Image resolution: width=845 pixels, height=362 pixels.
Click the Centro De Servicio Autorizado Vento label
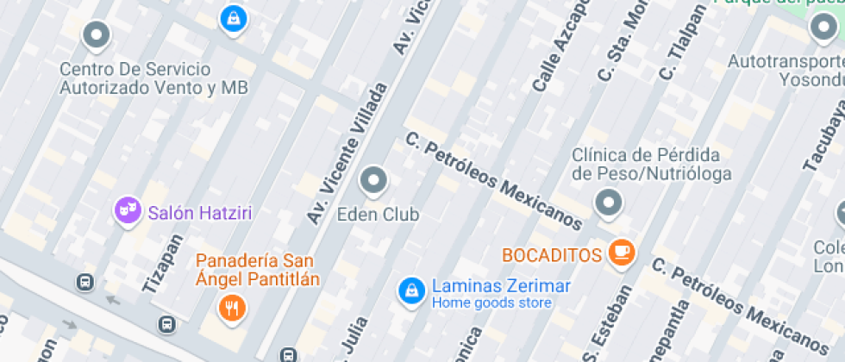point(153,78)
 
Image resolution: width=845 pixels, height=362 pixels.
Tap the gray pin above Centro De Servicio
point(96,35)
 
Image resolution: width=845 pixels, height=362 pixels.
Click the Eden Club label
point(378,213)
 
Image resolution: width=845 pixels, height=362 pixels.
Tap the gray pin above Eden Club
point(373,180)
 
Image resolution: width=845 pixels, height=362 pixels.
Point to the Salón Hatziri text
point(200,212)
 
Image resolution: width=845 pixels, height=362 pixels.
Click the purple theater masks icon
point(128,209)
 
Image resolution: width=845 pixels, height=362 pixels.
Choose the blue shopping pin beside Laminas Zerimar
point(411,290)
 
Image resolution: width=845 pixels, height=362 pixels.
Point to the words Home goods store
point(491,303)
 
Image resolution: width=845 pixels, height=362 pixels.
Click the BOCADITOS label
point(552,255)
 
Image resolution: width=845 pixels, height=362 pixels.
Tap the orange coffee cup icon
point(621,252)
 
